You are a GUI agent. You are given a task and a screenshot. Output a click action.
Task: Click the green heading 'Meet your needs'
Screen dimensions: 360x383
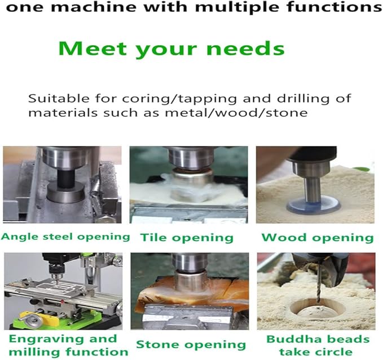coord(171,48)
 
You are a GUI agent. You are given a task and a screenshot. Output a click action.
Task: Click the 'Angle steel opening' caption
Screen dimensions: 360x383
coord(65,236)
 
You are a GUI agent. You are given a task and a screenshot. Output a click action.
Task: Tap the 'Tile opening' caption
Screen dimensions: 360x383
coord(186,237)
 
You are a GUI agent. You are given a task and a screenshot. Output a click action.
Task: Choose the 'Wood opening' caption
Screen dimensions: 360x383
coord(317,237)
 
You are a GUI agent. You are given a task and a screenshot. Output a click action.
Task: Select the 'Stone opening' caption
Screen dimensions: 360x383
coord(191,344)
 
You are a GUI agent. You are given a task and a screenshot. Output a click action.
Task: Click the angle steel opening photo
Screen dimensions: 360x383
coord(62,185)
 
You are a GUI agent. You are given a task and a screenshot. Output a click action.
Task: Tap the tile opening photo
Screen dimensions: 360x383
coord(189,185)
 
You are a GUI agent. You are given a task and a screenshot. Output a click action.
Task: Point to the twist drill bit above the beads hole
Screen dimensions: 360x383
coord(318,282)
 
